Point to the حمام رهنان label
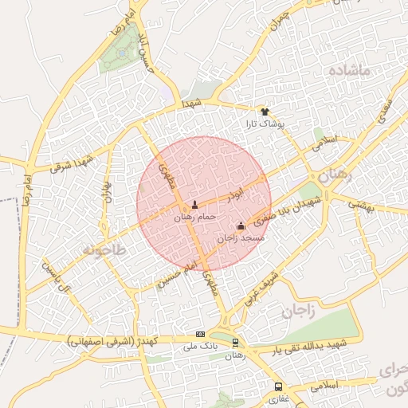(x=194, y=217)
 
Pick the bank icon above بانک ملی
(x=200, y=335)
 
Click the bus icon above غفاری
(x=278, y=386)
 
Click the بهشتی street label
(x=360, y=205)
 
